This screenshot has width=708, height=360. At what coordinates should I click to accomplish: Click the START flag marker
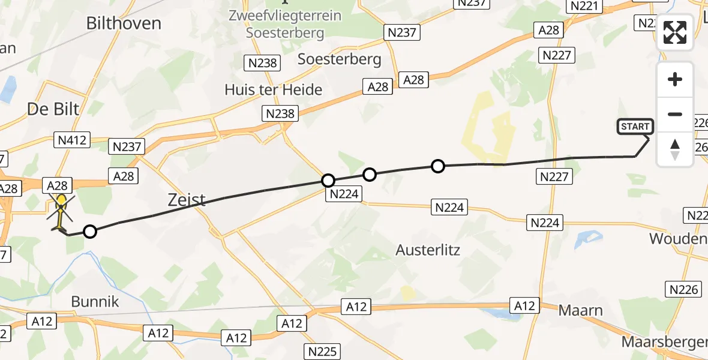635,127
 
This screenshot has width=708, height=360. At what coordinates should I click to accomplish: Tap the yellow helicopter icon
61,210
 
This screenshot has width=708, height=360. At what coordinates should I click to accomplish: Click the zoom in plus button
675,80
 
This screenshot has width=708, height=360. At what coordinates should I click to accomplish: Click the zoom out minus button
675,114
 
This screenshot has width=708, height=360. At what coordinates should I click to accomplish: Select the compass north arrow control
675,149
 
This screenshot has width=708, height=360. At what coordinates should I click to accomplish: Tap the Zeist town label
185,199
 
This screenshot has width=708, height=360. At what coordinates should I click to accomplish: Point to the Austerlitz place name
428,250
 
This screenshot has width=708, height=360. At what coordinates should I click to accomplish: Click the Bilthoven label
124,23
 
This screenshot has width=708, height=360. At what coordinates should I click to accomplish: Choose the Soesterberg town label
340,59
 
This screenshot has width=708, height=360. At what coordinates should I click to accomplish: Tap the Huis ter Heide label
273,90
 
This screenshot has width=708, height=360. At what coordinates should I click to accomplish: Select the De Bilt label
53,109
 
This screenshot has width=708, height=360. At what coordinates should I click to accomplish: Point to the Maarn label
580,310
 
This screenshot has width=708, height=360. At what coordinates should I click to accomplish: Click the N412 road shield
71,140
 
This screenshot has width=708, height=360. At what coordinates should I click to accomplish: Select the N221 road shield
584,6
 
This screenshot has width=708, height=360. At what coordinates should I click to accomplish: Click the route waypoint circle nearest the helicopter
89,231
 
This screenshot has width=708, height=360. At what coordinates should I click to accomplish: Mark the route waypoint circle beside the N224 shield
328,180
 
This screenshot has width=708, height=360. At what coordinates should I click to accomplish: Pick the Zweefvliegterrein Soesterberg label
285,23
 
